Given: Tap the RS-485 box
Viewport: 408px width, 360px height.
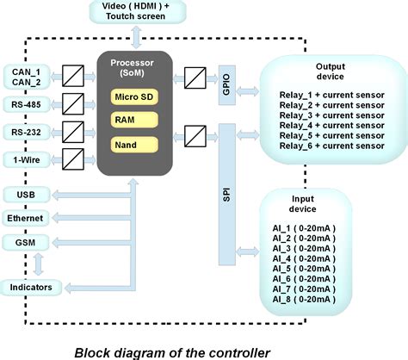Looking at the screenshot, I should click(x=27, y=105).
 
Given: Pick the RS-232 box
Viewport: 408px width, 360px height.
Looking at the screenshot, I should click(x=27, y=132).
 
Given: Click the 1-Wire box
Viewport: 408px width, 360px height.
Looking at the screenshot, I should click(x=27, y=158).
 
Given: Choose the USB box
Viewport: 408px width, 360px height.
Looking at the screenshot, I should click(x=27, y=195).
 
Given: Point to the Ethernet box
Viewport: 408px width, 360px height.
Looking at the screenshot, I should click(x=27, y=219).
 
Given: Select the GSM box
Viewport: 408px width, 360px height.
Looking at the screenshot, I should click(x=27, y=244).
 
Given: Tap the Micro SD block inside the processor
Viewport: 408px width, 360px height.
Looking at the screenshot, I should click(x=135, y=96).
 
